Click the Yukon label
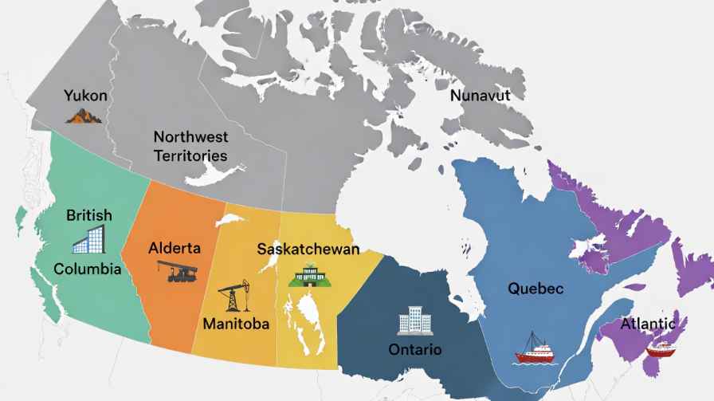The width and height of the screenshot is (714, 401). pyautogui.click(x=86, y=96)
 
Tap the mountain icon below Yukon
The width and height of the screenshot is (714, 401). pyautogui.click(x=84, y=116)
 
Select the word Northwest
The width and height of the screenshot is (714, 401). pyautogui.click(x=190, y=137)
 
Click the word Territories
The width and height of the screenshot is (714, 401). pyautogui.click(x=190, y=155)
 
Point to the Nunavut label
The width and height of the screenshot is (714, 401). pyautogui.click(x=480, y=96)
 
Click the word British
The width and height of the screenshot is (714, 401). pyautogui.click(x=89, y=215)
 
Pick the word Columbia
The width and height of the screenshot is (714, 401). pyautogui.click(x=88, y=269)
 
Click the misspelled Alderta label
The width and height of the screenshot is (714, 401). pyautogui.click(x=175, y=248)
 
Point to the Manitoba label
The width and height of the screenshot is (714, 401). pyautogui.click(x=236, y=324)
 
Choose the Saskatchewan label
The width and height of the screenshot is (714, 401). pyautogui.click(x=308, y=249)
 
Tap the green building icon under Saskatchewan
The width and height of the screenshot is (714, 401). pyautogui.click(x=307, y=275)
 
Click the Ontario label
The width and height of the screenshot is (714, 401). pyautogui.click(x=414, y=350)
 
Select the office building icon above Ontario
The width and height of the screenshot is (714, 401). pyautogui.click(x=414, y=320)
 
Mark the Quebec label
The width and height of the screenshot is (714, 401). pyautogui.click(x=535, y=289)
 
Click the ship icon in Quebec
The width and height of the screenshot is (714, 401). pyautogui.click(x=535, y=348)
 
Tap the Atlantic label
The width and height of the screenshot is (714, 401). pyautogui.click(x=648, y=324)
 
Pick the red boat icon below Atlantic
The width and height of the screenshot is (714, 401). pyautogui.click(x=660, y=348)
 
